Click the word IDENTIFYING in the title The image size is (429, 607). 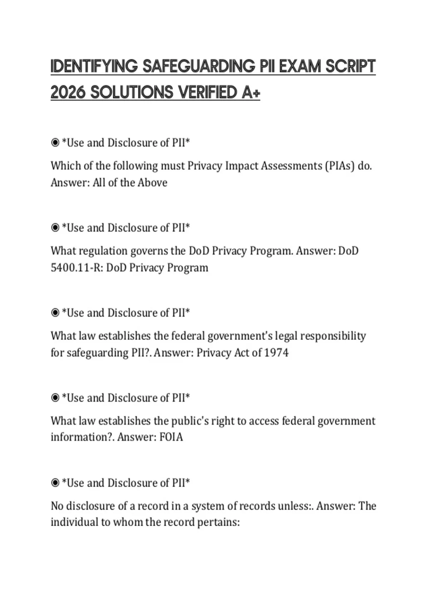(94, 66)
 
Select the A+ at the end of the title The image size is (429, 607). (251, 92)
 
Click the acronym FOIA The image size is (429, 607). (171, 437)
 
